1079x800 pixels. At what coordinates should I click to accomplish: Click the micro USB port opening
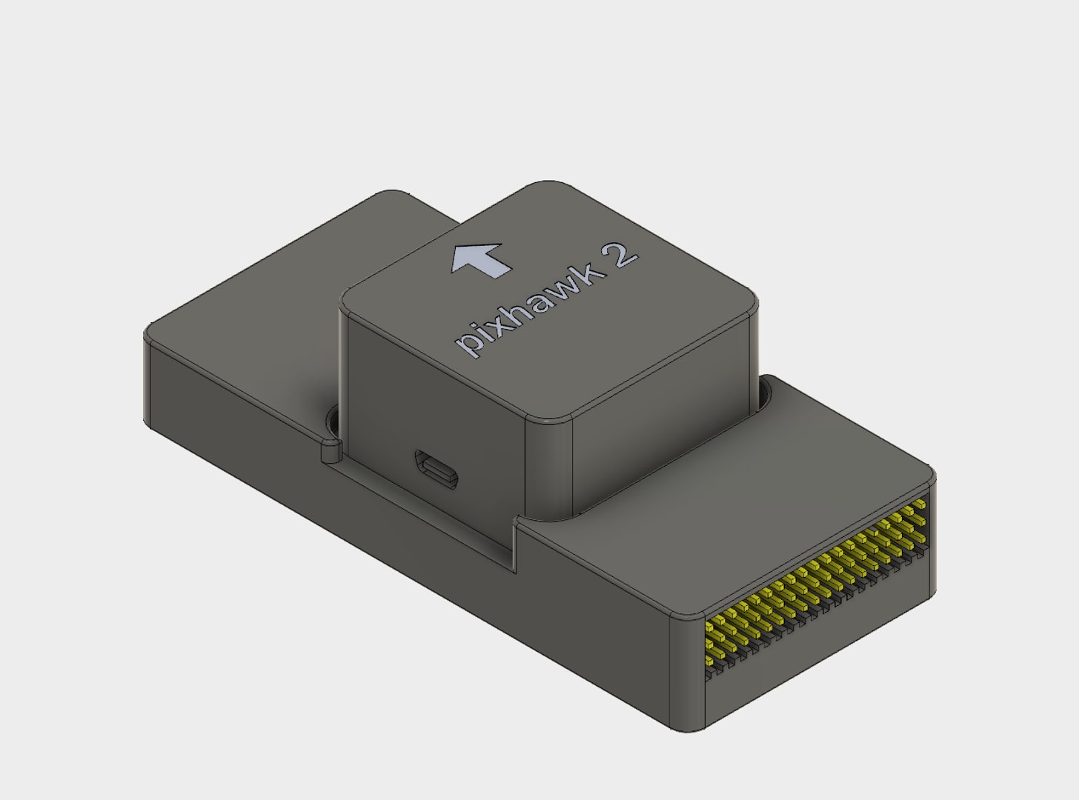[437, 468]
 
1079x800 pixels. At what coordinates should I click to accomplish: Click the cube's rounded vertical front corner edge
[548, 467]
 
